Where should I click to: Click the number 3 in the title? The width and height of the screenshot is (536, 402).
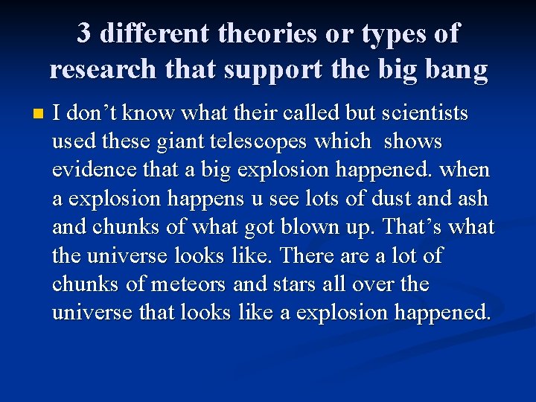[x=86, y=33]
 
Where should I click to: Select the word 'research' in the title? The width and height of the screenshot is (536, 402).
[x=103, y=68]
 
